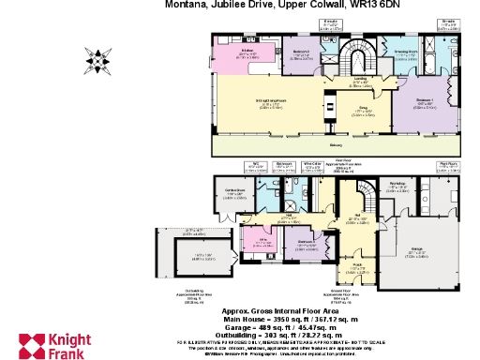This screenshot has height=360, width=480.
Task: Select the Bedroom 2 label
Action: pos(302,51)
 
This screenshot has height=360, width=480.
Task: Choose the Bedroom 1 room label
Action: pos(424,99)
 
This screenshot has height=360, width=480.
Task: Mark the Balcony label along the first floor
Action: pos(336,145)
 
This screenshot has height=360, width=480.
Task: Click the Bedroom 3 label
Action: pos(306,241)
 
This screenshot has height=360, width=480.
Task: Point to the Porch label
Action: pos(358,265)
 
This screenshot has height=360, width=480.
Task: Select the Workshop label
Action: pos(397,184)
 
